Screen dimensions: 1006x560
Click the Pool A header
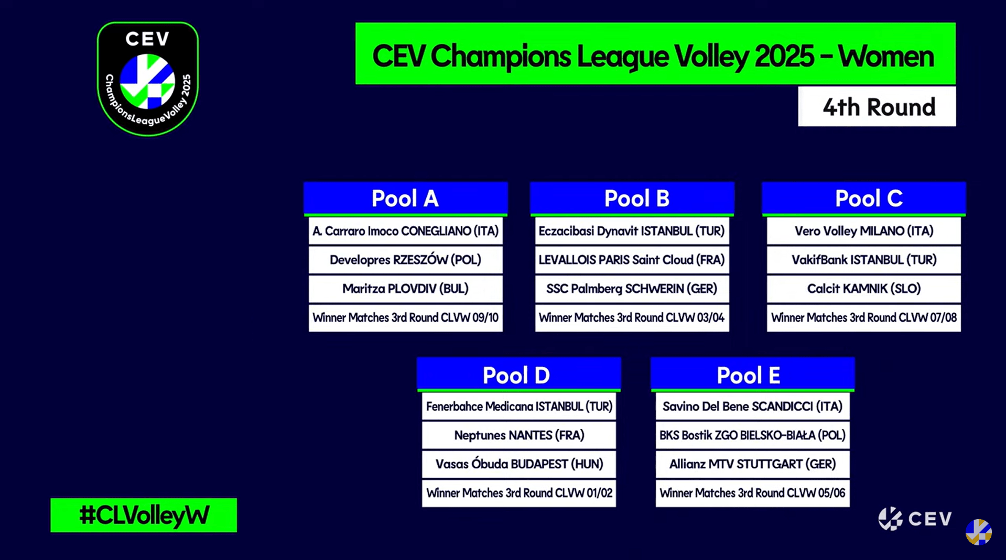click(405, 199)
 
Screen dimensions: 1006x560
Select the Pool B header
click(632, 199)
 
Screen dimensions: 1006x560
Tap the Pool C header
click(863, 199)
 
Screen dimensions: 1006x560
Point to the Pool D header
click(518, 375)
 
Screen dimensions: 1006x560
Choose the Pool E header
click(752, 375)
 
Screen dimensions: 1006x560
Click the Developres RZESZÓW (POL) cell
click(405, 260)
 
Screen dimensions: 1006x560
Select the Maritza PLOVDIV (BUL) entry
click(405, 289)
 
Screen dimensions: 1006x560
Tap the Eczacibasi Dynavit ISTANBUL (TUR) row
click(632, 231)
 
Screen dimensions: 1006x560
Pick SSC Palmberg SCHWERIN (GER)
click(632, 289)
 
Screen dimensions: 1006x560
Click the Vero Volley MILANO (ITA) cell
click(863, 231)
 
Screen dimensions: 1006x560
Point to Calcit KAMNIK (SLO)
click(863, 289)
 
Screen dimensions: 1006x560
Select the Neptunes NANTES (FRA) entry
click(518, 435)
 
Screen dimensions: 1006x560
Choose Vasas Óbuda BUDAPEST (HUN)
click(518, 464)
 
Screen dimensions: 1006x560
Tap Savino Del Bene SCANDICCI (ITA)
click(752, 407)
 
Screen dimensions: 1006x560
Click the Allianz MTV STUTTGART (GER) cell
click(752, 464)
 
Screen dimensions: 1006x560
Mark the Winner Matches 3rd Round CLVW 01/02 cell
click(518, 493)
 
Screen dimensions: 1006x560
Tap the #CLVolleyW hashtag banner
click(144, 515)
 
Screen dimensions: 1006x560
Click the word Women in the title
click(886, 56)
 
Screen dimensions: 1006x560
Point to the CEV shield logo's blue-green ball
click(147, 81)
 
